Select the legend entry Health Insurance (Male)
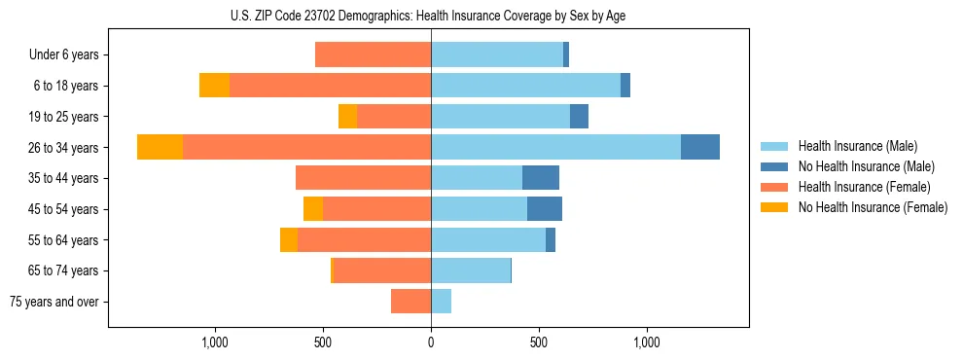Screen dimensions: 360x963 pos(857,146)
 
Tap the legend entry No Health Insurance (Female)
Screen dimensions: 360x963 pos(873,207)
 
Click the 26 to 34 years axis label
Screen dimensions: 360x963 pos(66,147)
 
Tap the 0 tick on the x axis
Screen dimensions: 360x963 pos(431,342)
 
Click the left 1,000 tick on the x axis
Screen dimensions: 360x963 pos(214,342)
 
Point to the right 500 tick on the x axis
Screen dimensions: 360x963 pos(539,342)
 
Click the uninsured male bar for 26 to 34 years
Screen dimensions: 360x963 pos(699,147)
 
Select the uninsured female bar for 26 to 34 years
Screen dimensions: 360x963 pos(160,147)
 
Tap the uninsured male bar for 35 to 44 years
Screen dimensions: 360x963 pos(540,178)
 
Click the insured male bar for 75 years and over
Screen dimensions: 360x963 pos(441,302)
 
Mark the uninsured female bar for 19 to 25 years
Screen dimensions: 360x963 pos(347,116)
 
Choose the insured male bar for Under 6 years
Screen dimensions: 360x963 pos(497,54)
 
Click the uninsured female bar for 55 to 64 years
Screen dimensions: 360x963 pos(288,239)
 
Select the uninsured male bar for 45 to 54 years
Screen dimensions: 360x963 pos(544,209)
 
